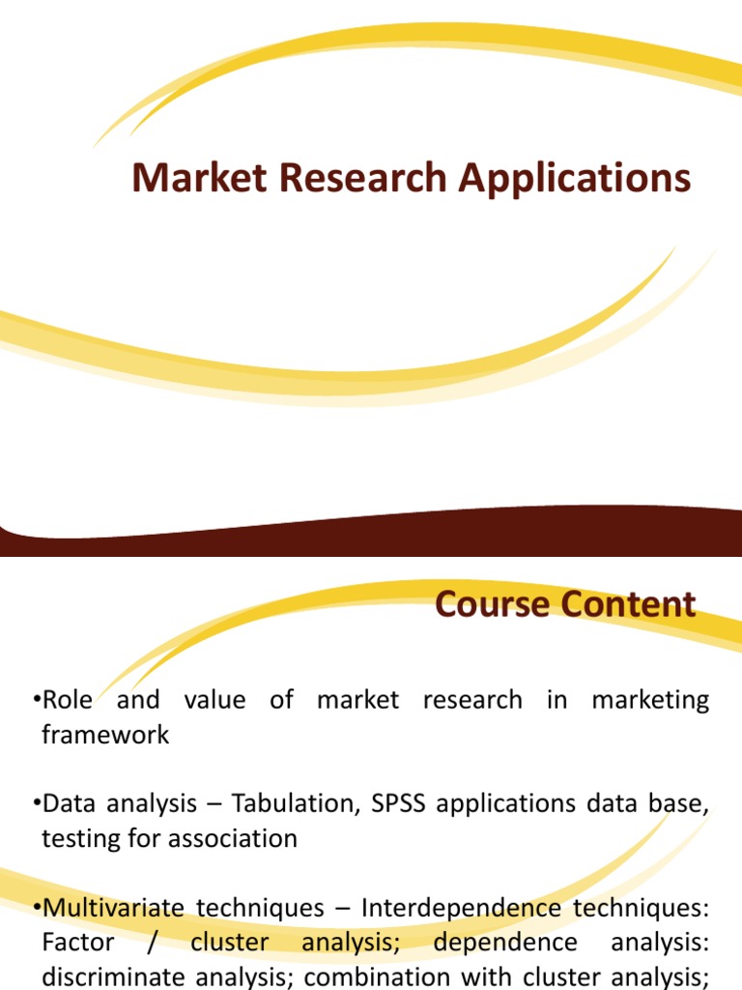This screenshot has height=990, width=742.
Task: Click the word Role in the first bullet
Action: coord(68,700)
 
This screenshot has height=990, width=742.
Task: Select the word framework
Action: coord(105,735)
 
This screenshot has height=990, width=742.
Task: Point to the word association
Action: coord(233,839)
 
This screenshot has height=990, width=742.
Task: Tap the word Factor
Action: coord(78,943)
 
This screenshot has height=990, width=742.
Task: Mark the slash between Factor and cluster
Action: coord(153,943)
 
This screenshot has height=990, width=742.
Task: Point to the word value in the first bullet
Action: coord(214,700)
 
